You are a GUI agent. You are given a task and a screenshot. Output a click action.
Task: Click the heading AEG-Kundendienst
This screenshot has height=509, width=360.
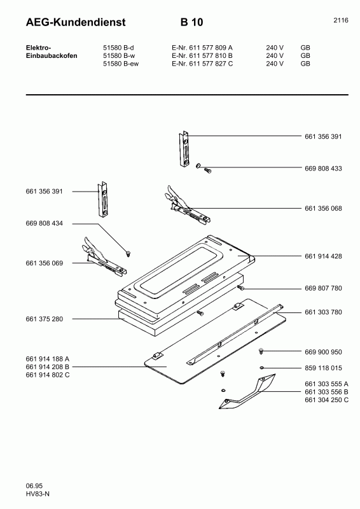[x=76, y=23]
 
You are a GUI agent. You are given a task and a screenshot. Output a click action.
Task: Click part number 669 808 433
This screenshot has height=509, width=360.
[x=323, y=169]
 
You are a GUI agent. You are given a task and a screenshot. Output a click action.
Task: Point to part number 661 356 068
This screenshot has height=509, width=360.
[x=323, y=208]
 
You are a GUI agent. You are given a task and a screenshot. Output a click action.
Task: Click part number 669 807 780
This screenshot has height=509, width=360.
[x=323, y=288]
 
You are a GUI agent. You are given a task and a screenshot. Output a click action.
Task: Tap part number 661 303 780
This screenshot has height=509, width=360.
[x=323, y=312]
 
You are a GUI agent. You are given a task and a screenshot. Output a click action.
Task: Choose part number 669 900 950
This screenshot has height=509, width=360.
[x=323, y=351]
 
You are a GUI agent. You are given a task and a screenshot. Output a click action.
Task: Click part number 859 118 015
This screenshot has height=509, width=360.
[x=323, y=368]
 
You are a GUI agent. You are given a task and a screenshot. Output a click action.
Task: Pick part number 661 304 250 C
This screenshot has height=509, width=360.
[x=326, y=400]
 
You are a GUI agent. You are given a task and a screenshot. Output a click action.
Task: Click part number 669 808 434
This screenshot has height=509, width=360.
[x=45, y=223]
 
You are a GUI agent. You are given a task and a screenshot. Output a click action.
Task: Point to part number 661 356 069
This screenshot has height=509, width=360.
[x=45, y=263]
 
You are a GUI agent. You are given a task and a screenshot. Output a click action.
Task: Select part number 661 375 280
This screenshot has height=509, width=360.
[x=45, y=318]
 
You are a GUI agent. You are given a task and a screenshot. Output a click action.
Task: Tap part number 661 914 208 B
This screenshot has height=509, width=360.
[x=48, y=367]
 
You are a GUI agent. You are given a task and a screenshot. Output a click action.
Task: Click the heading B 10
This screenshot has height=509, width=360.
[x=191, y=23]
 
